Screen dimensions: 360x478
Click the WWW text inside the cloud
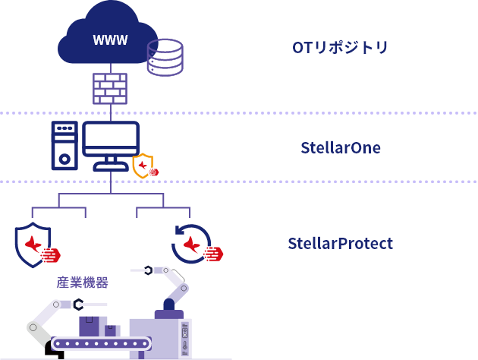[x=110, y=40]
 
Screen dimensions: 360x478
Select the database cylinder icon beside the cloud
[x=165, y=57]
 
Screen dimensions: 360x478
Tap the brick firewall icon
[x=109, y=88]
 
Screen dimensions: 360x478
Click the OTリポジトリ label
[x=340, y=47]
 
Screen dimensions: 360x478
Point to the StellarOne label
[x=341, y=147]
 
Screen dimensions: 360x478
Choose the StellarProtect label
[x=340, y=244]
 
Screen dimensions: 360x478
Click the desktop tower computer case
[x=64, y=145]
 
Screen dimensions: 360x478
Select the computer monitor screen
[x=111, y=139]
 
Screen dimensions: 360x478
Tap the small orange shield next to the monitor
[x=143, y=165]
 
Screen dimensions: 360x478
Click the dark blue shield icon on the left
[x=33, y=245]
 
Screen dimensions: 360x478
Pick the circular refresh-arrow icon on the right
[x=190, y=244]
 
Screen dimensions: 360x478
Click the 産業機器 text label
[x=82, y=283]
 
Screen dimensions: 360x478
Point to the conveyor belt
[x=100, y=343]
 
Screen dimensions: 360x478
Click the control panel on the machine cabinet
[x=184, y=338]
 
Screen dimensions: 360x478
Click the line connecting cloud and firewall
[x=109, y=68]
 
